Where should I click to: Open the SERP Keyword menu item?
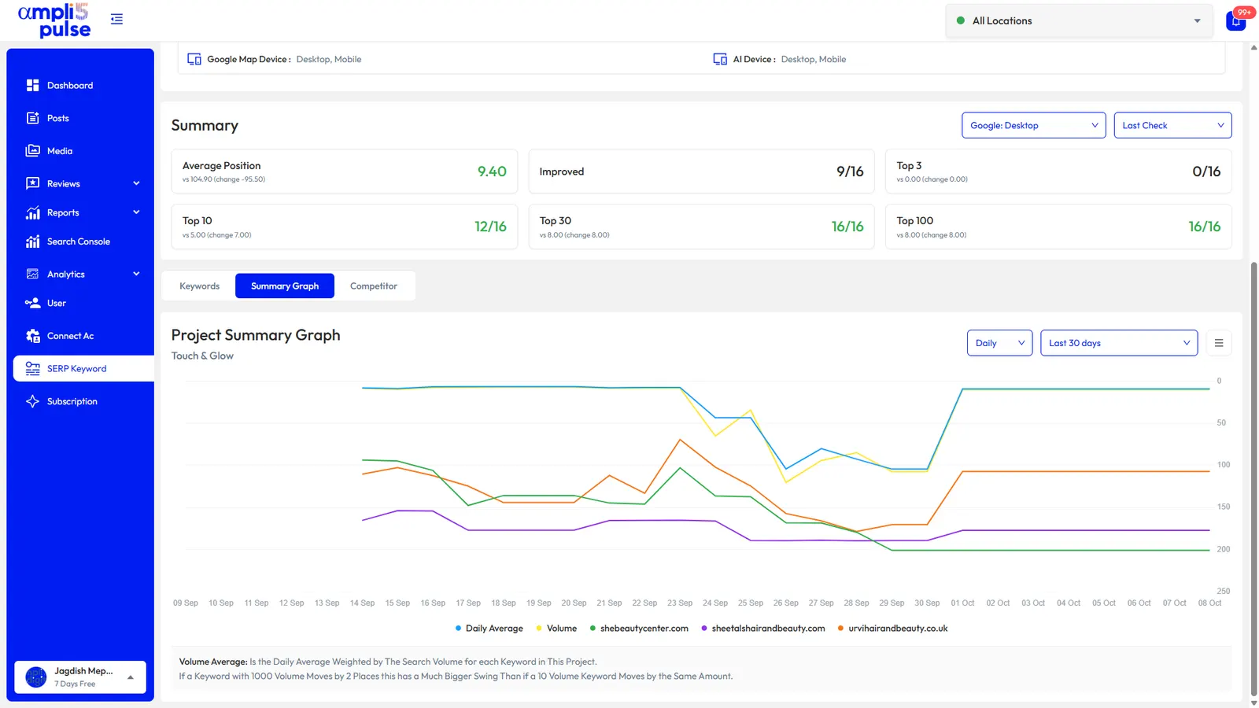click(x=77, y=369)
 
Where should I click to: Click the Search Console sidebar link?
click(x=78, y=242)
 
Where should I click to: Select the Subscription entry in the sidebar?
click(x=72, y=401)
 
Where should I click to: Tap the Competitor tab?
click(x=374, y=286)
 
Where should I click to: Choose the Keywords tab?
click(x=200, y=286)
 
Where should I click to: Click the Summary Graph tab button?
click(x=285, y=286)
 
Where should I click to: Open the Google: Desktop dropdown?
click(x=1034, y=125)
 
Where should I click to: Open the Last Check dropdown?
click(x=1173, y=125)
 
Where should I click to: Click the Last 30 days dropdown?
click(x=1119, y=343)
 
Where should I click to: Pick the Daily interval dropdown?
click(x=1000, y=343)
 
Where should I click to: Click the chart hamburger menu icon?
click(x=1219, y=343)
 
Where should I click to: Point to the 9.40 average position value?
click(x=492, y=171)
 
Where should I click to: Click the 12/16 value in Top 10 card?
click(x=490, y=227)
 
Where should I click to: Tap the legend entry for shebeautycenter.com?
click(x=639, y=629)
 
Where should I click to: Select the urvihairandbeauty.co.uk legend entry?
click(x=892, y=629)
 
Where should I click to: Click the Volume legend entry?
click(x=556, y=629)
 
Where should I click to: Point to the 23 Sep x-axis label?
click(x=680, y=603)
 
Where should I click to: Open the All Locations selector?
click(x=1079, y=20)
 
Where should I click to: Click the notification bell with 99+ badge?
click(x=1236, y=20)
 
